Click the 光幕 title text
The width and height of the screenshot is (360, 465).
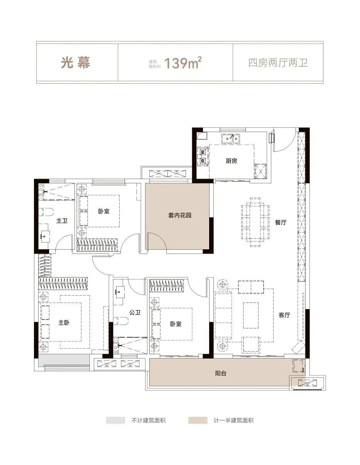click(75, 63)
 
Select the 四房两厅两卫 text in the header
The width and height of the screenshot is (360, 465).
click(278, 63)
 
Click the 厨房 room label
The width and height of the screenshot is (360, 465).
click(232, 161)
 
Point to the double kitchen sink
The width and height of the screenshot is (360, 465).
click(231, 139)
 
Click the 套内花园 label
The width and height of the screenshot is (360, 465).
click(180, 215)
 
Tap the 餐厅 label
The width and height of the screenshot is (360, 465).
click(281, 222)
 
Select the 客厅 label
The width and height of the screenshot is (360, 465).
click(284, 315)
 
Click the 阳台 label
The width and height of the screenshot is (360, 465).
click(221, 374)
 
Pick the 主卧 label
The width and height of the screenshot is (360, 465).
click(64, 322)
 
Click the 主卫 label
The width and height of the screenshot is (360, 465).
click(62, 220)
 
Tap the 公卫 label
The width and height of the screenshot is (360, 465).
click(135, 313)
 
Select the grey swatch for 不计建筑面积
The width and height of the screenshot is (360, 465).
click(115, 420)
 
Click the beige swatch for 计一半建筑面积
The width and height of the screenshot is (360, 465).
click(198, 420)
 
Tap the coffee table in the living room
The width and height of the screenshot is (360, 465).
click(251, 315)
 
